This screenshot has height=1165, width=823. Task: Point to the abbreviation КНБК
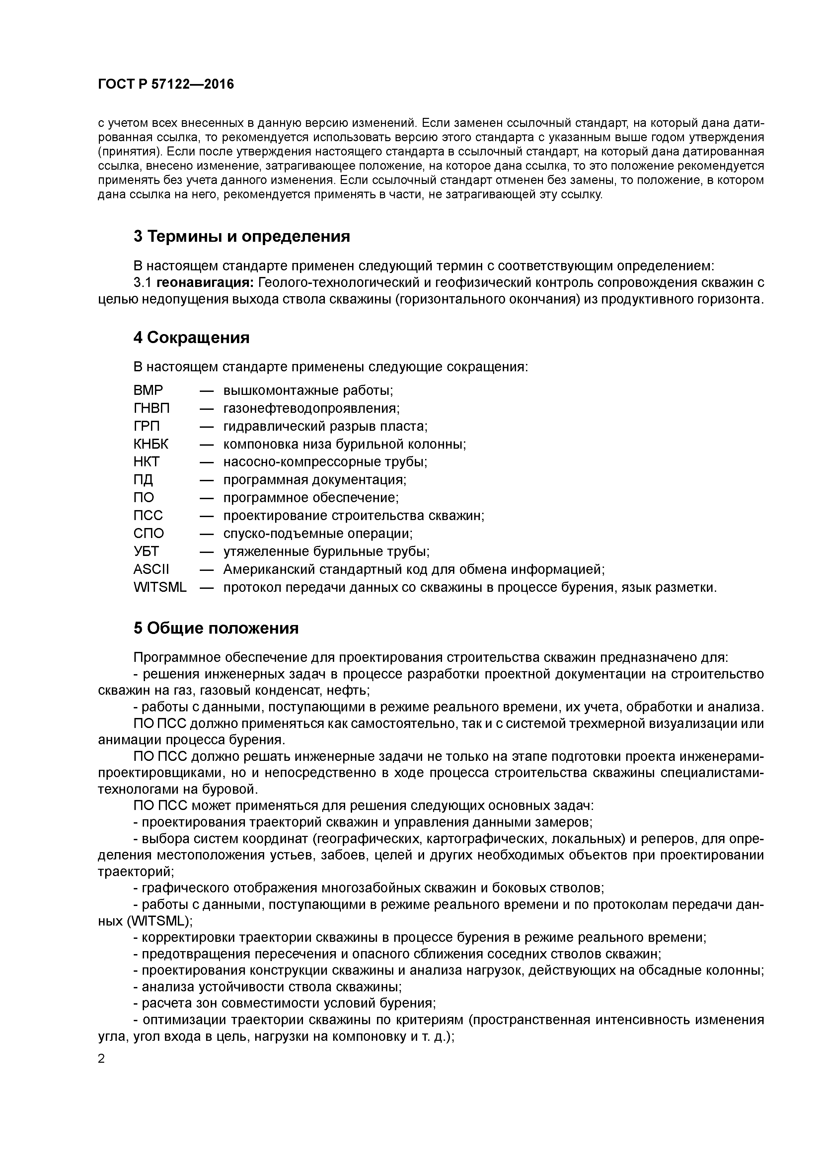pos(151,444)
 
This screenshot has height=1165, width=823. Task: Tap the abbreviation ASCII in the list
pos(151,569)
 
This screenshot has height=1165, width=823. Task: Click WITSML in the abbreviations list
pos(160,587)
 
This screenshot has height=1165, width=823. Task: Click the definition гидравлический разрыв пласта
pos(325,426)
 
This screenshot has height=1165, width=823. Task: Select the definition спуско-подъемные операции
pos(318,533)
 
